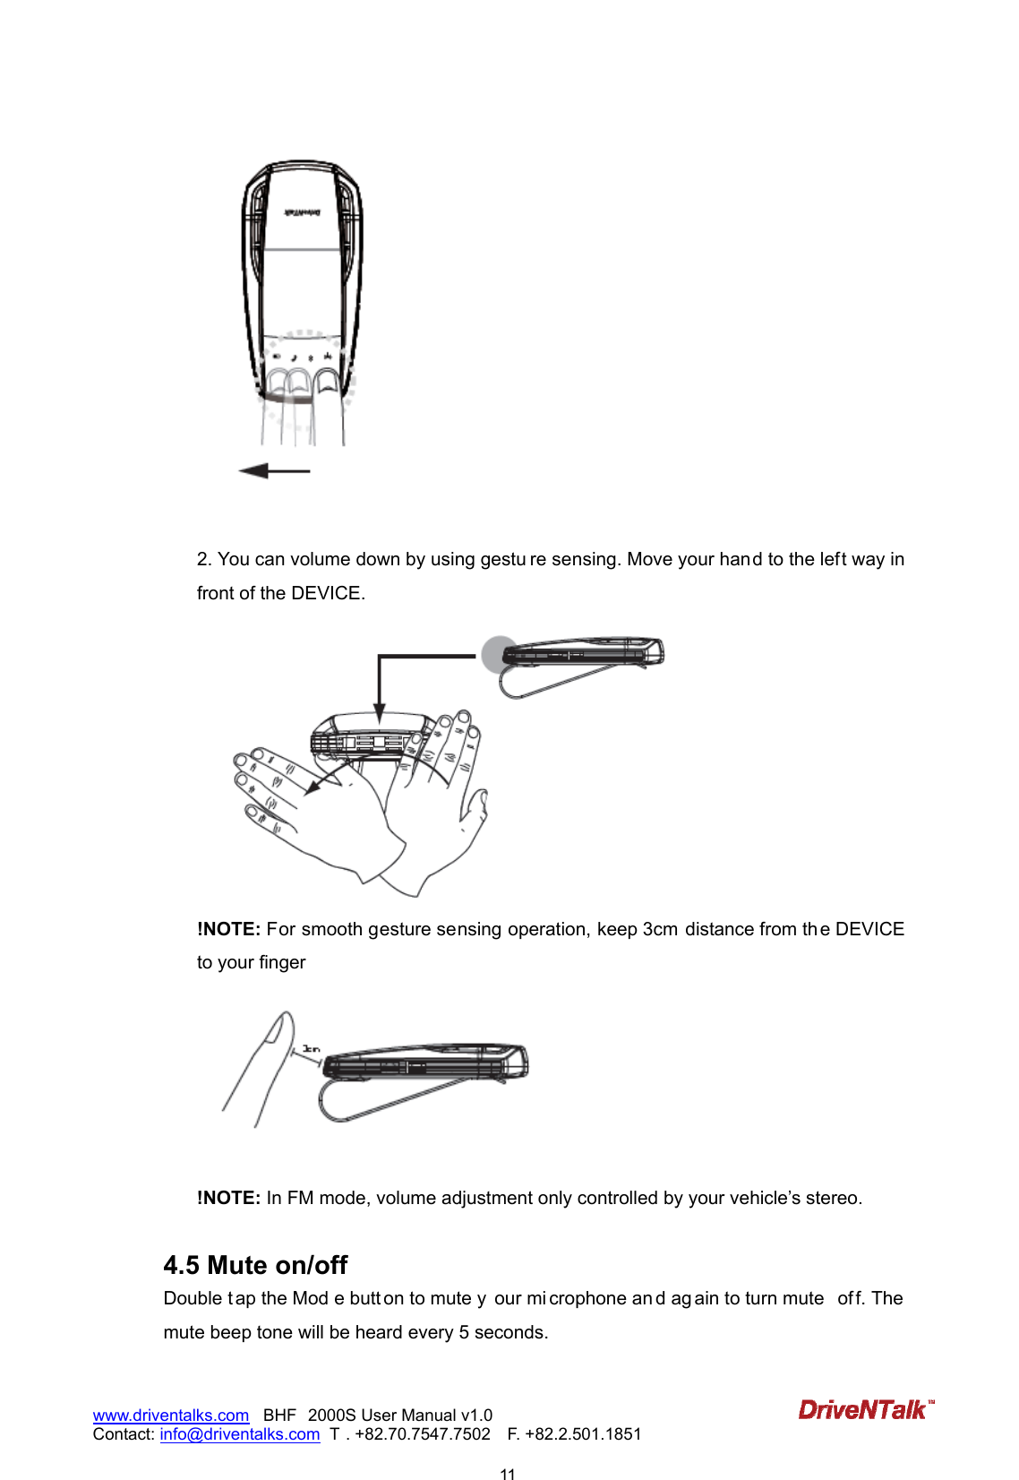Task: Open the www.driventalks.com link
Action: pyautogui.click(x=171, y=1415)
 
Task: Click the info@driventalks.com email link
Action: pyautogui.click(x=240, y=1434)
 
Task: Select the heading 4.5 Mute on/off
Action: pyautogui.click(x=255, y=1265)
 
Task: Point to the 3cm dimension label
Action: pyautogui.click(x=311, y=1048)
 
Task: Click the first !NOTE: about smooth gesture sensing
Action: pyautogui.click(x=228, y=929)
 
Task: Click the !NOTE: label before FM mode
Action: pyautogui.click(x=228, y=1198)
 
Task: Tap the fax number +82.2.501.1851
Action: pyautogui.click(x=583, y=1434)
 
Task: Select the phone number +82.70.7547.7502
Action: pyautogui.click(x=423, y=1434)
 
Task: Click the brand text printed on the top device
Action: pyautogui.click(x=303, y=212)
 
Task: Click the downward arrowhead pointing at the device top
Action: pyautogui.click(x=380, y=713)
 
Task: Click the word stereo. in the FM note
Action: pyautogui.click(x=834, y=1198)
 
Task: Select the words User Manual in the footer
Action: pyautogui.click(x=408, y=1415)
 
